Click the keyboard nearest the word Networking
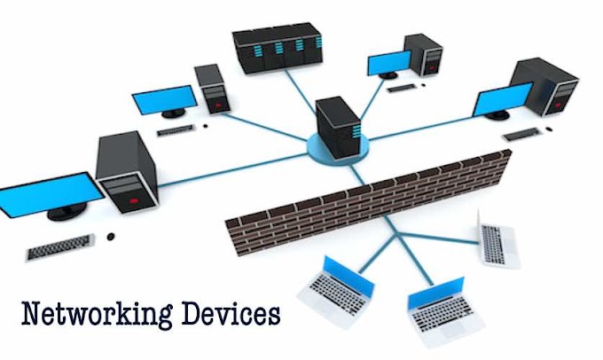coord(59,247)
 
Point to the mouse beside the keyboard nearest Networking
coord(111,237)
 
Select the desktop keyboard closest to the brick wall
coord(521,135)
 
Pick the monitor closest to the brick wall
coord(501,100)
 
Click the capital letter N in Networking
coord(31,314)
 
